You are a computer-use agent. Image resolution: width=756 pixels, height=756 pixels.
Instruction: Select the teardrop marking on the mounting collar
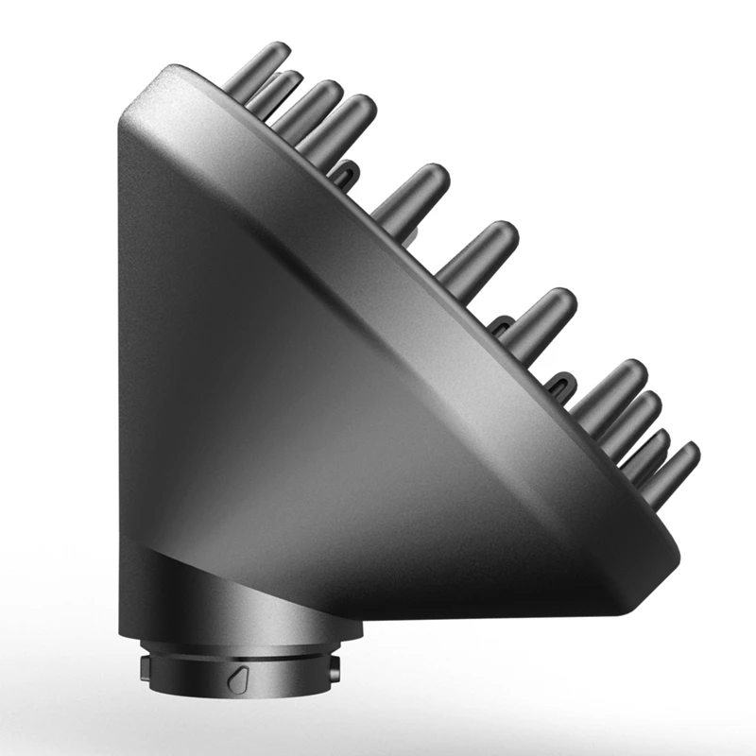(237, 678)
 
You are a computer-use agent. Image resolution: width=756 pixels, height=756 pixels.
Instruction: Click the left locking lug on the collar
(144, 668)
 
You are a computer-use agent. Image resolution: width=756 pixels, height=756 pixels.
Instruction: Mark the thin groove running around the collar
(236, 659)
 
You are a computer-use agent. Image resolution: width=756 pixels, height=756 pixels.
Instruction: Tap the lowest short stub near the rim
(561, 385)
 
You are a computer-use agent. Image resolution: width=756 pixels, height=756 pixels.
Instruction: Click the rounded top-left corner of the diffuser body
(142, 94)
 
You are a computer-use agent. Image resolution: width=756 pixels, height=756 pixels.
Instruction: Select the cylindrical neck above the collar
(236, 605)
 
